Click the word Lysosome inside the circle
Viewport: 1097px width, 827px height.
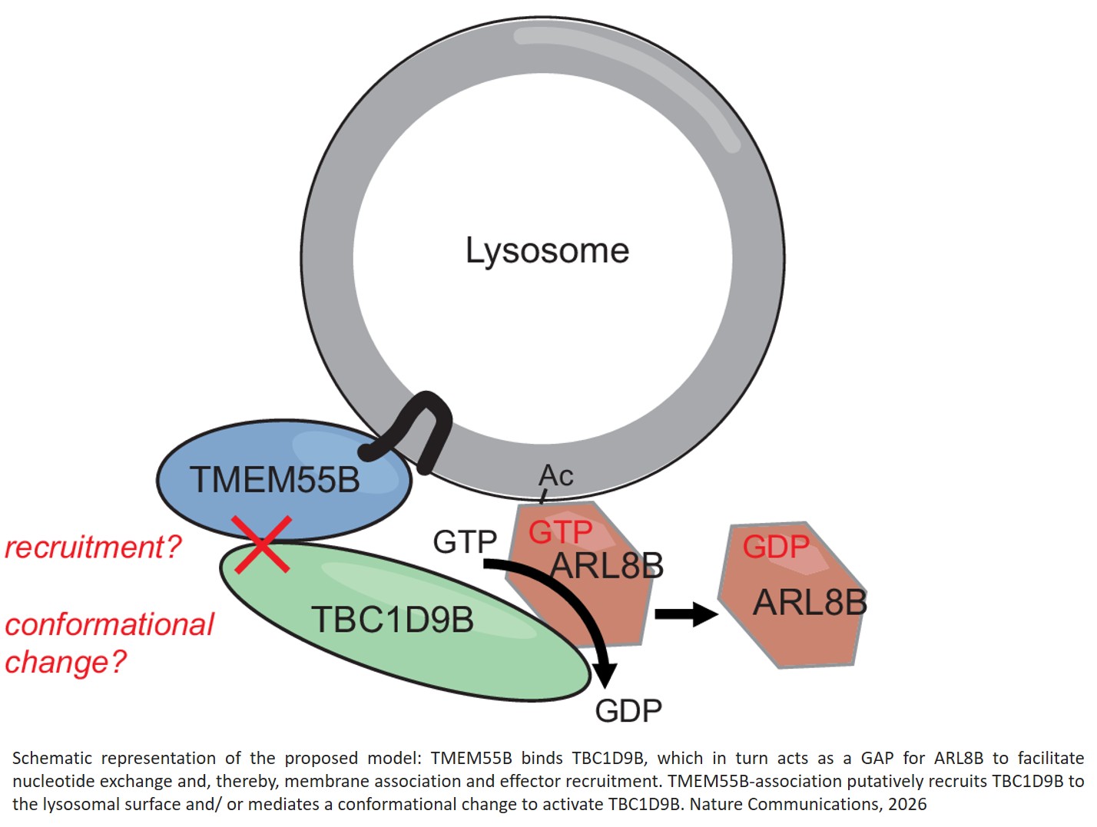coord(547,251)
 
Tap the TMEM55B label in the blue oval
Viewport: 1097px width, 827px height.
coord(274,480)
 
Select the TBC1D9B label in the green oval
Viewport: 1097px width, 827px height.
coord(392,620)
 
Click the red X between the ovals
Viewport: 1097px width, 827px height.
coord(263,544)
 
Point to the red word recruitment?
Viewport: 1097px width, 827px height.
coord(93,547)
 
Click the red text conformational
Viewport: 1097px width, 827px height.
coord(109,624)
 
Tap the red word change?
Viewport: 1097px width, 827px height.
coord(65,662)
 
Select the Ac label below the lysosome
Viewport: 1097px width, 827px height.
coord(556,476)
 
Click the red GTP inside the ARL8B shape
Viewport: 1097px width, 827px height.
coord(560,532)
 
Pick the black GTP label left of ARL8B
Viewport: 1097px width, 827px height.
coord(465,542)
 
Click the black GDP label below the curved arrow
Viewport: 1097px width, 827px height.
coord(628,711)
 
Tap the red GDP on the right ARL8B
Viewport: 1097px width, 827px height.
coord(776,547)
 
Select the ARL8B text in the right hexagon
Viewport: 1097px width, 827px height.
coord(810,603)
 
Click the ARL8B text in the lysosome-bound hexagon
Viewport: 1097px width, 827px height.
coord(607,567)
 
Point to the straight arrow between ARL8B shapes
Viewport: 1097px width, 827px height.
coord(685,614)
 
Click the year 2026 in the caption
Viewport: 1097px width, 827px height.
coord(907,804)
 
